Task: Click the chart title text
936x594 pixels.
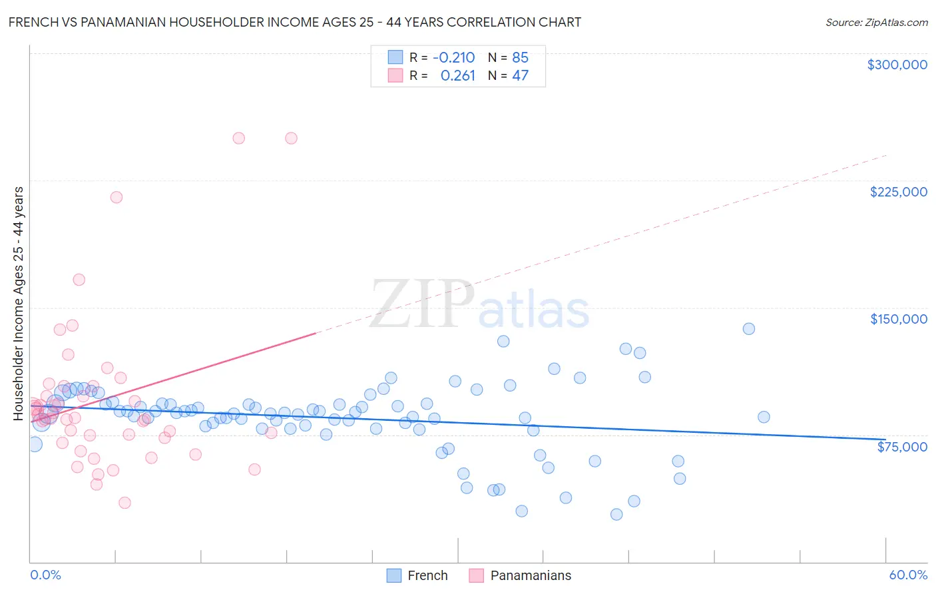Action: click(x=295, y=22)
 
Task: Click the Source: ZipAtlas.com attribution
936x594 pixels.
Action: click(x=876, y=22)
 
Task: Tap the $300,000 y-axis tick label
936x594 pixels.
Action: click(x=897, y=65)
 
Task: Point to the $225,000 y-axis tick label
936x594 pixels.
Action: click(x=898, y=192)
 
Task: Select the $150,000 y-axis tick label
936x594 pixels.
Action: click(x=898, y=319)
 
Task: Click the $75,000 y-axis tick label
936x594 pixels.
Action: click(x=901, y=447)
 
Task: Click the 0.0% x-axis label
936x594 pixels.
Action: click(x=45, y=575)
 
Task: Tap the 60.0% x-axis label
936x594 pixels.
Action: click(x=907, y=575)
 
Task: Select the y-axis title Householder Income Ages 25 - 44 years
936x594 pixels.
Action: click(x=19, y=304)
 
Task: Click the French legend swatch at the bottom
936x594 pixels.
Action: click(x=394, y=575)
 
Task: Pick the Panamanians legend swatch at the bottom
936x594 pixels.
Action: click(x=476, y=575)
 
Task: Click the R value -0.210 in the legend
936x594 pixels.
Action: click(x=453, y=57)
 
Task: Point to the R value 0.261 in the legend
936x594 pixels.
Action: click(x=457, y=76)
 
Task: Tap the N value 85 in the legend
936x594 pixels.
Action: click(x=520, y=57)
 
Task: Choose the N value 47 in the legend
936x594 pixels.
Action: click(x=520, y=76)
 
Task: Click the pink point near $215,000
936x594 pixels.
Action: click(x=117, y=197)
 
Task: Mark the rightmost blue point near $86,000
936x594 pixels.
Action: click(x=764, y=417)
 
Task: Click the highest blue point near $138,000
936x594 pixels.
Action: click(x=749, y=328)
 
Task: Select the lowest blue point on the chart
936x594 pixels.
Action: click(x=616, y=514)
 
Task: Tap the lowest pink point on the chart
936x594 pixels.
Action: click(x=124, y=503)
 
